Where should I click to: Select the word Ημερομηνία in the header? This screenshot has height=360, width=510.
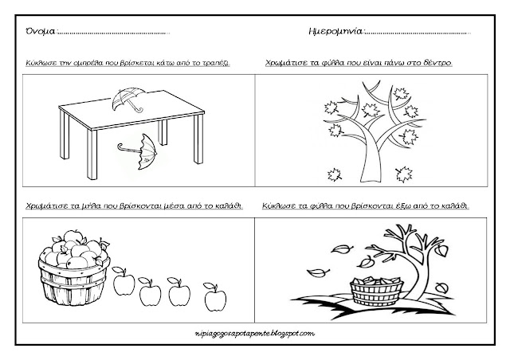click(x=334, y=33)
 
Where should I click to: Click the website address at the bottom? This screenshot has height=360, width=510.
click(x=255, y=332)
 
